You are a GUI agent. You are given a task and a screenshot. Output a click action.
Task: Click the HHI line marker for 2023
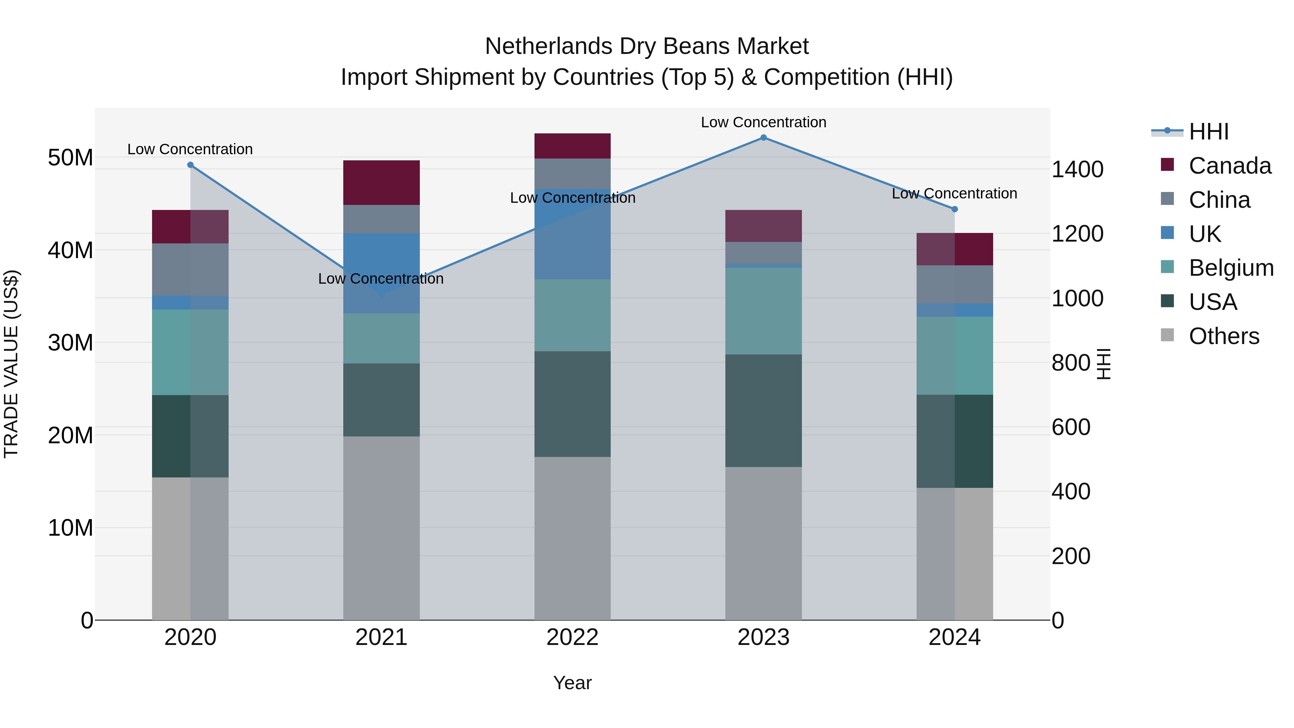click(x=763, y=138)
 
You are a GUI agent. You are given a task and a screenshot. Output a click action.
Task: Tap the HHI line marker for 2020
click(x=191, y=165)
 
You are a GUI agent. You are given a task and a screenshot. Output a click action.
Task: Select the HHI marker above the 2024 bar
click(x=954, y=209)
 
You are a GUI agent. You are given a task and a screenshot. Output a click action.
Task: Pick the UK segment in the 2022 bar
click(x=572, y=234)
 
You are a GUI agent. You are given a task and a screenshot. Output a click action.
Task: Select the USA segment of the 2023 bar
click(x=763, y=411)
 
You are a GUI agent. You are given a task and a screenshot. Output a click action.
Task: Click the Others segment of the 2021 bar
click(x=381, y=527)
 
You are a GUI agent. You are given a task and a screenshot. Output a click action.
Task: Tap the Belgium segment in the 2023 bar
click(x=763, y=311)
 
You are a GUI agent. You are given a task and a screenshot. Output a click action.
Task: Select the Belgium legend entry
click(x=1230, y=268)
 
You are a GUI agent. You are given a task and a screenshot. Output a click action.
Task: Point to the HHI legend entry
click(x=1208, y=132)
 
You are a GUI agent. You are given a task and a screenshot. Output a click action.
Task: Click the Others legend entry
click(x=1223, y=336)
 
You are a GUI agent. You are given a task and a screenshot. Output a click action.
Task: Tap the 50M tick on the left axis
click(x=70, y=158)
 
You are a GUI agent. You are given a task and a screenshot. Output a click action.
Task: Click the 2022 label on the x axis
click(x=572, y=637)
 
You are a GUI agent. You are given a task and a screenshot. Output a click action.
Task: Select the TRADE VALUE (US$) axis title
click(x=12, y=364)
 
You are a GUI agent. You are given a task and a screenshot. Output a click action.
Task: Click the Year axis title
click(x=572, y=683)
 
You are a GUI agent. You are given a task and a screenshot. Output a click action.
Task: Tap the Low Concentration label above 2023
click(x=763, y=122)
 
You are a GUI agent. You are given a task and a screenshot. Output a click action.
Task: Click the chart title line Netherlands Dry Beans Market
click(x=647, y=46)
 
